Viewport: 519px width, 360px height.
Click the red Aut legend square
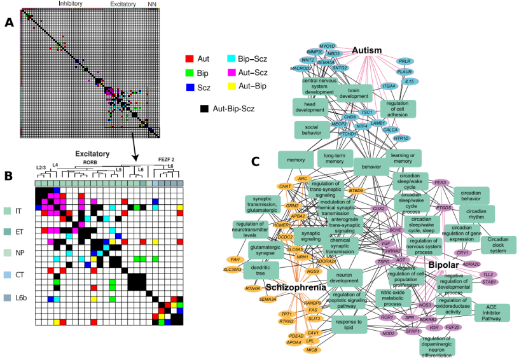coord(189,58)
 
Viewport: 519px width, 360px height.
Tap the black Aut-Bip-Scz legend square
coord(204,109)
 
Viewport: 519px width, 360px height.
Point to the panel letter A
coord(9,22)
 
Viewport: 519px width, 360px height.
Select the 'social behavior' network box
coord(311,129)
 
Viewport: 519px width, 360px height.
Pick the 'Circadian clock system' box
coord(498,244)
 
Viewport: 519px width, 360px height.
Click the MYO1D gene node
coord(327,46)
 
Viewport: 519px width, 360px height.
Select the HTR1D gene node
coord(401,138)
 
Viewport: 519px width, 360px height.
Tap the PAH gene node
coord(235,260)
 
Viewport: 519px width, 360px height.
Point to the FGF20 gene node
coord(453,327)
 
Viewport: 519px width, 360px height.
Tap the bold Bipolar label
coord(448,263)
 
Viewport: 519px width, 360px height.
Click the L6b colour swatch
coord(8,298)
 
